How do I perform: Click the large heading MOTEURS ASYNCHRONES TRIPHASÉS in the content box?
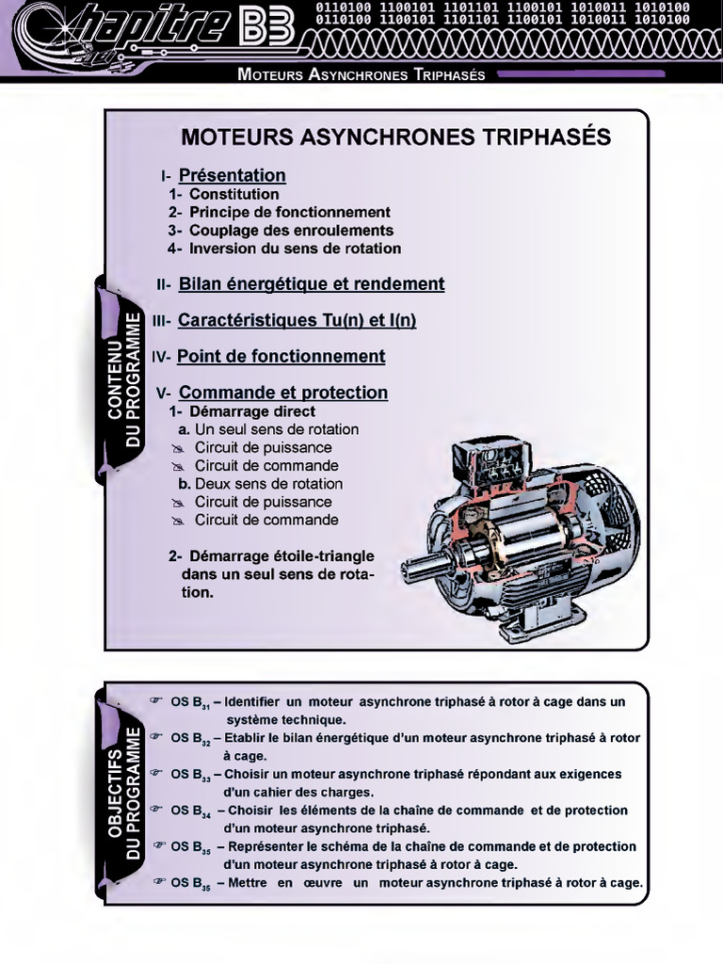pos(395,137)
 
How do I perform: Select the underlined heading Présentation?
pos(232,175)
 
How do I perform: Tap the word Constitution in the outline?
pos(233,194)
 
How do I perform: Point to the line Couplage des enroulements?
pos(291,231)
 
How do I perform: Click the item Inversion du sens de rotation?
pos(295,249)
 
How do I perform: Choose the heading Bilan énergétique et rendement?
pos(311,284)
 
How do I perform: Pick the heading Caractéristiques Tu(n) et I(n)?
pos(297,320)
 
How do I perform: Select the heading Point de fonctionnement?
pos(281,356)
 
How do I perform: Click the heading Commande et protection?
pos(282,393)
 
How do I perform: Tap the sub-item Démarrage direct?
pos(251,411)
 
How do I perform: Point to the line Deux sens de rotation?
pos(268,484)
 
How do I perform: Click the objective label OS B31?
pos(190,702)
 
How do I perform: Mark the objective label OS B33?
pos(190,775)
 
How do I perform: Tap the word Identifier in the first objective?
pos(253,701)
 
